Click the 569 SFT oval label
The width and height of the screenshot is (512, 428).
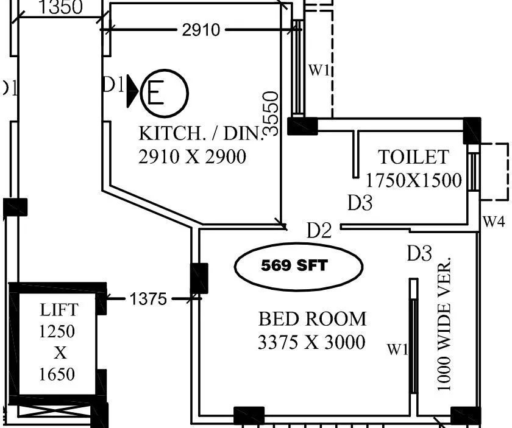299,266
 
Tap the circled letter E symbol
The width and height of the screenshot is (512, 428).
164,94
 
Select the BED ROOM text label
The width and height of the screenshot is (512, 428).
313,319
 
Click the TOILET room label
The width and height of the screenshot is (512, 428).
413,157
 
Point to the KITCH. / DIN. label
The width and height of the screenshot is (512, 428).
200,133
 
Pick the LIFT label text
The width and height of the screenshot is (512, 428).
59,309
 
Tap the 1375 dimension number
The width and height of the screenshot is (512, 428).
148,299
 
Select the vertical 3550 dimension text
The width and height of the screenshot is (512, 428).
271,113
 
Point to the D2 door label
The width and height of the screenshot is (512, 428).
319,230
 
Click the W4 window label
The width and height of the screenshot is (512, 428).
494,222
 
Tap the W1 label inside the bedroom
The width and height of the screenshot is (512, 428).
397,349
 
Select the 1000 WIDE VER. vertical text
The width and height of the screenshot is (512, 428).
445,325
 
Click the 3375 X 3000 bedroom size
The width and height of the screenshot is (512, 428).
311,342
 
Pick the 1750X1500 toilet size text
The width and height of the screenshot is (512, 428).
413,180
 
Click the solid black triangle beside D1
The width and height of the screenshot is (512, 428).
132,93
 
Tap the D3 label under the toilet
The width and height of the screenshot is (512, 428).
360,203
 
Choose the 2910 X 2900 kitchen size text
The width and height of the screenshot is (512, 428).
193,157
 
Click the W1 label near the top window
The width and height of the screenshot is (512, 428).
319,70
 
